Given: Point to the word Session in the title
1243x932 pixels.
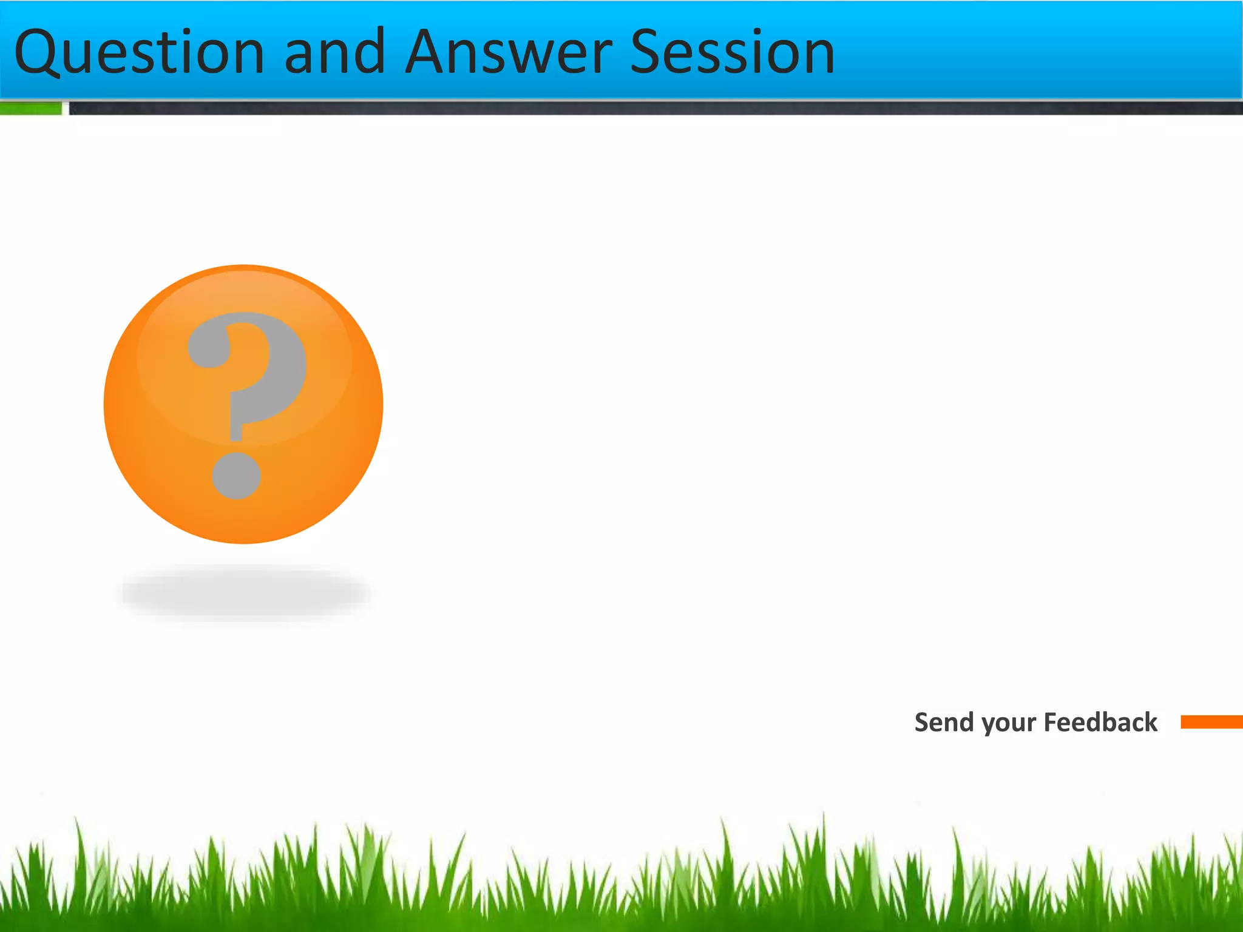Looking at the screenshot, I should pos(733,53).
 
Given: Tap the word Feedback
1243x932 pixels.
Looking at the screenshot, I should pos(1100,723).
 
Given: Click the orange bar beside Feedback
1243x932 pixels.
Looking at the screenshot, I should pos(1211,722).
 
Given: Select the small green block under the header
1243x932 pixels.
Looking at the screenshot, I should pos(30,109).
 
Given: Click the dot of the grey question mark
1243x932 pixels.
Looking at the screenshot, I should pos(237,476).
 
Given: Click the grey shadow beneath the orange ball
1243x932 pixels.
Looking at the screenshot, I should pos(245,593).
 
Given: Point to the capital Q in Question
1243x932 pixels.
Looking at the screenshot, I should pos(38,53).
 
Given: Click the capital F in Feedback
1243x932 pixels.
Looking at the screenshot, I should pos(1051,723).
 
